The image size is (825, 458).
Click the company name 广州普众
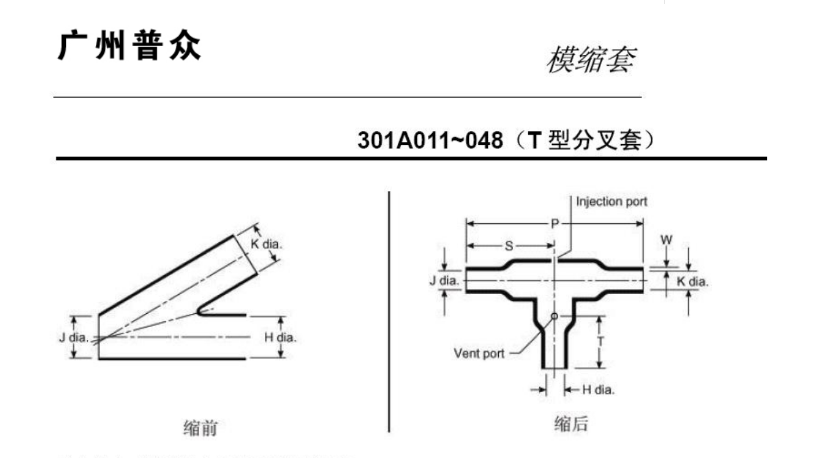pos(129,46)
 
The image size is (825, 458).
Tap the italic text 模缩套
pos(590,60)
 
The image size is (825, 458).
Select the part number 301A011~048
pos(430,141)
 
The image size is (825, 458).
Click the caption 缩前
pos(200,428)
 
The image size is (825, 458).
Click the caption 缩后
pos(570,424)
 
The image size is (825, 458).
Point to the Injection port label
pos(611,201)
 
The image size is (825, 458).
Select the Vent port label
pos(479,353)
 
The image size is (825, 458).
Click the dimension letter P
pos(554,224)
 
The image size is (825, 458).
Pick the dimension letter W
pos(666,239)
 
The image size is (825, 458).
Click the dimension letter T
pos(600,341)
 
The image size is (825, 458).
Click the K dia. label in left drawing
pos(266,244)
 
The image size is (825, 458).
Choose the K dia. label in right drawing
pos(692,281)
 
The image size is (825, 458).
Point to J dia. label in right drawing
pos(444,281)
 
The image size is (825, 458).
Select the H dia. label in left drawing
pos(280,337)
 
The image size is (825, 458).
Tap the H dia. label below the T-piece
pos(598,390)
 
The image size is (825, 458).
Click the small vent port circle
pos(554,316)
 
